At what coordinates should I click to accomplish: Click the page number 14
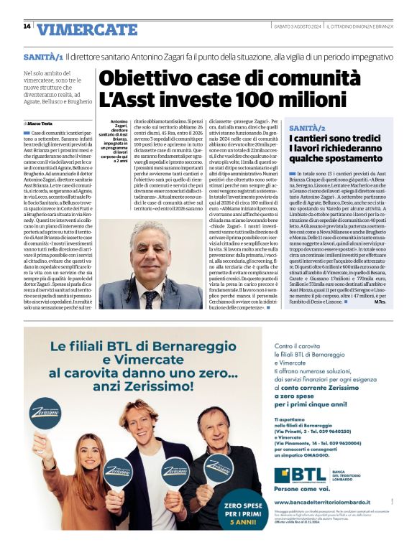(x=27, y=27)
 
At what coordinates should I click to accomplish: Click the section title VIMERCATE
(x=87, y=29)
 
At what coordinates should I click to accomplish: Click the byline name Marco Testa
(x=45, y=123)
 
